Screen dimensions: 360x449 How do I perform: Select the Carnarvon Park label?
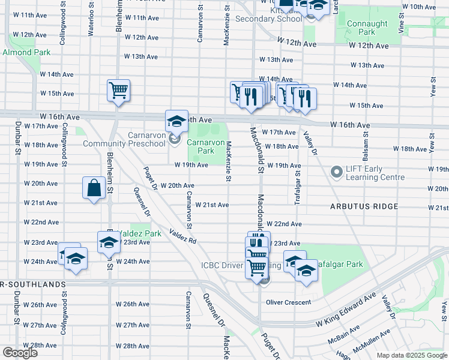click(x=200, y=146)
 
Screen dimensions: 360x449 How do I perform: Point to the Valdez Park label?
click(x=139, y=233)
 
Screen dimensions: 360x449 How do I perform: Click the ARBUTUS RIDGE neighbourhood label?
click(x=364, y=206)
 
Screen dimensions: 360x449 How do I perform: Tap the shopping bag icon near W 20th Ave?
click(x=95, y=188)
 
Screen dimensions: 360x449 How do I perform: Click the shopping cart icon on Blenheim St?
click(x=118, y=91)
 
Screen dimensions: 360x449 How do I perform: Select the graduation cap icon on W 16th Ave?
click(x=177, y=121)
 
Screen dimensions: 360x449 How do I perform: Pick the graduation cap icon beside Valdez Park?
click(x=109, y=242)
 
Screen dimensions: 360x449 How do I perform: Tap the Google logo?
click(x=20, y=353)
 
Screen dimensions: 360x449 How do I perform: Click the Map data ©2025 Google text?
click(x=412, y=355)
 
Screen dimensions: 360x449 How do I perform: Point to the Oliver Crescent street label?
click(x=289, y=302)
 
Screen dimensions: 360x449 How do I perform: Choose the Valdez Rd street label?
click(x=182, y=236)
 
